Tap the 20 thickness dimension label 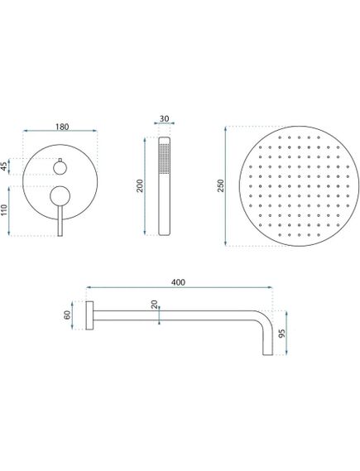click(154, 306)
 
